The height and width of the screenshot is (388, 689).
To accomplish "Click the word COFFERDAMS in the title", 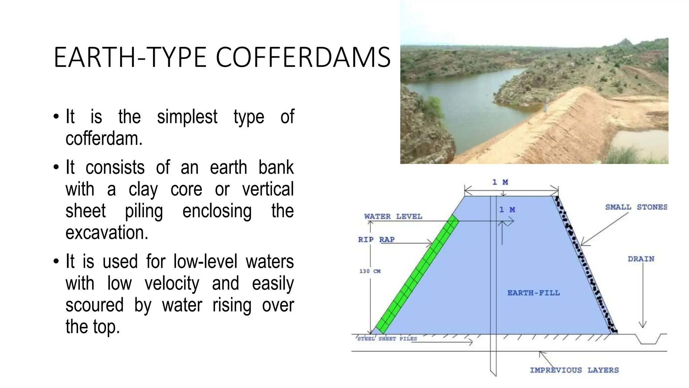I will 303,57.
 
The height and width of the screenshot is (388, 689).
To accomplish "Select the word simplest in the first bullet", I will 187,117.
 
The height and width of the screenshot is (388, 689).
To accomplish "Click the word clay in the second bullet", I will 143,190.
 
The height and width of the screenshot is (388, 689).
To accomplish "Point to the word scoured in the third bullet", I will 95,305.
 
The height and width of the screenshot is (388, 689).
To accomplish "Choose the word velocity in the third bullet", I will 172,284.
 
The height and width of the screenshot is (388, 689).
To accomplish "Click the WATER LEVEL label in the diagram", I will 393,217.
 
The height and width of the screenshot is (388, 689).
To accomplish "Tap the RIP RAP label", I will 376,239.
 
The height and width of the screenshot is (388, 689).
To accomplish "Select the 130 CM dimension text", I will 370,271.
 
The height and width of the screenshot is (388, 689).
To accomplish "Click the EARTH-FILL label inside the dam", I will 534,293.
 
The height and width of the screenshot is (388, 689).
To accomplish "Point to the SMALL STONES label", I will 636,207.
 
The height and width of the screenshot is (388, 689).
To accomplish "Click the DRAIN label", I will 641,259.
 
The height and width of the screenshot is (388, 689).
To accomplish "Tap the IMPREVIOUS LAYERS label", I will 574,370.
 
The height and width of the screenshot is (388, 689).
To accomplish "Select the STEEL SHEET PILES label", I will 387,339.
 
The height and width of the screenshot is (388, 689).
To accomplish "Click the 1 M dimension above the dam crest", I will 500,182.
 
